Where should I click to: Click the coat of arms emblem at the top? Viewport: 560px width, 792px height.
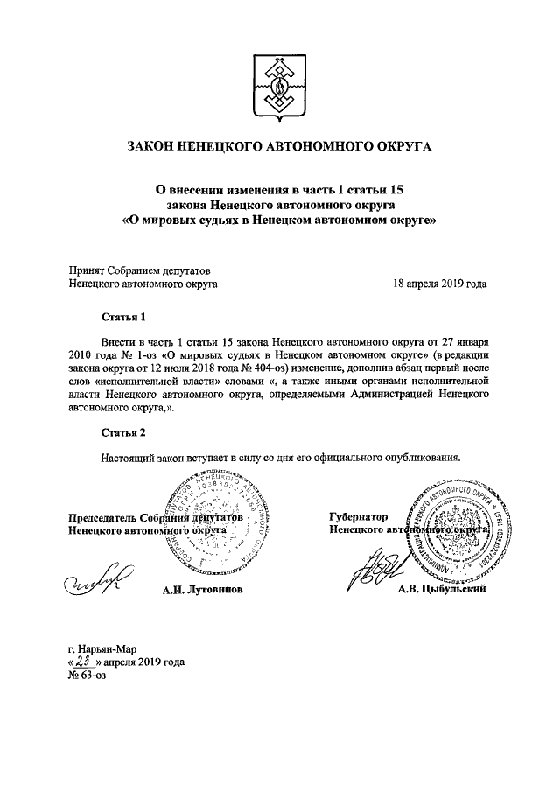tap(280, 89)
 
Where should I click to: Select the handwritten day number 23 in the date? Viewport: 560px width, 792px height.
tap(86, 663)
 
